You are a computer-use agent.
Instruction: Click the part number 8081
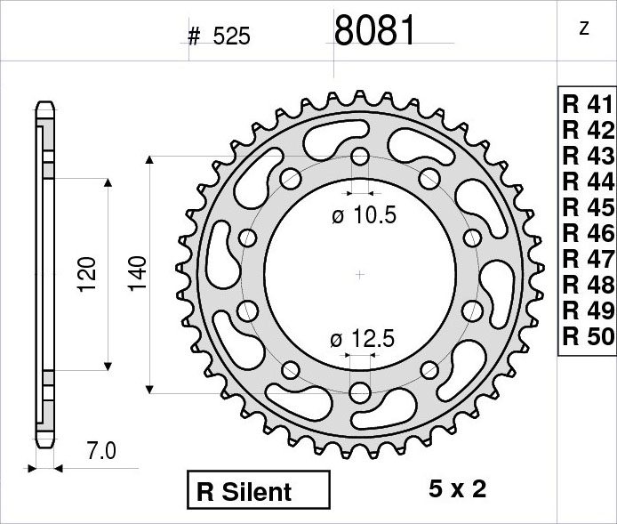click(374, 30)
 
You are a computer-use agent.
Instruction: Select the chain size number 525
click(231, 37)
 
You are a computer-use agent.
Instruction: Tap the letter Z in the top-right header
click(584, 28)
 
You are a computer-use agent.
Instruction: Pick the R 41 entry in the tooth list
click(588, 105)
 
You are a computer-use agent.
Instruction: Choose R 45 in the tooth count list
click(588, 207)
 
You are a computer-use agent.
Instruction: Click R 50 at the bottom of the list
click(588, 336)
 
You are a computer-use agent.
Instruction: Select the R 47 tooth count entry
click(588, 259)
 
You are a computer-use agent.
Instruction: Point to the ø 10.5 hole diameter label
click(364, 215)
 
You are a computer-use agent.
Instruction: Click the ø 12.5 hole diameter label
click(362, 339)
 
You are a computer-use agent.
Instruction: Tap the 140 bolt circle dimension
click(138, 274)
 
